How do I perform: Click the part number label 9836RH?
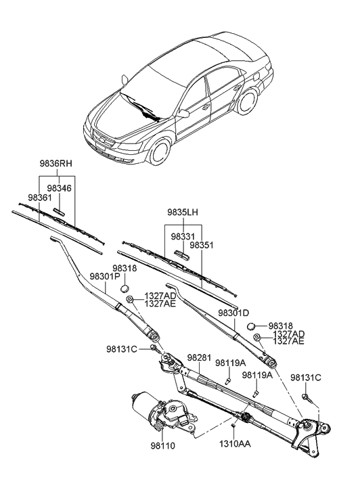tap(55, 164)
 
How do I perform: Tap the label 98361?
tap(39, 197)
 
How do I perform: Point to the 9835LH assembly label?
tap(183, 213)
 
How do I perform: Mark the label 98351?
tap(201, 245)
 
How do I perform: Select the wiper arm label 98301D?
tap(233, 313)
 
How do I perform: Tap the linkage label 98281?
tap(200, 357)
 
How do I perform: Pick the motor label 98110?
tap(162, 447)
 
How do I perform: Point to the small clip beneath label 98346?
tap(60, 212)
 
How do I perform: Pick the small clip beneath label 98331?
tap(181, 254)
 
